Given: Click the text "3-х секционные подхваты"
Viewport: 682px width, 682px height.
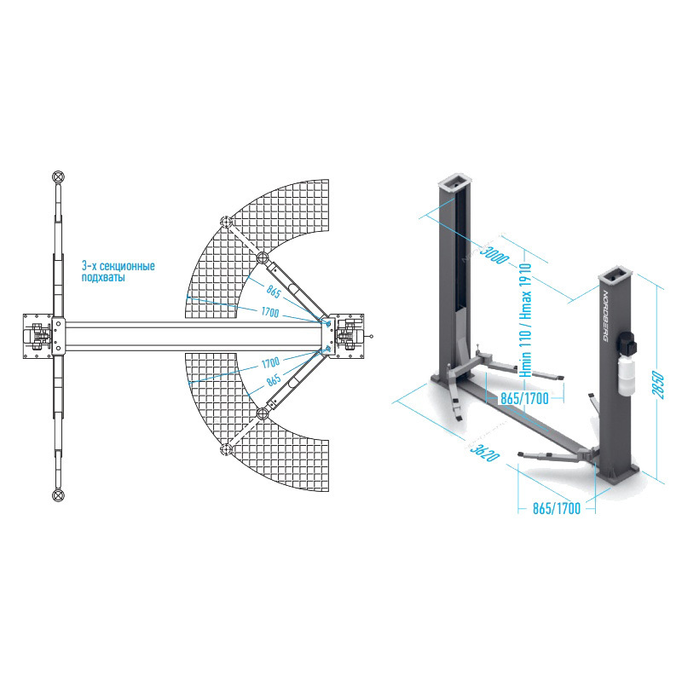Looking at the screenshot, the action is [118, 272].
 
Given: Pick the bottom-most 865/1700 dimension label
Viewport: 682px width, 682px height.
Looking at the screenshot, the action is [556, 509].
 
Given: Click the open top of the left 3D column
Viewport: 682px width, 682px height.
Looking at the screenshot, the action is [455, 181].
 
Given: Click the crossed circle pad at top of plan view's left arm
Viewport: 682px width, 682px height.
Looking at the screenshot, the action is [58, 176].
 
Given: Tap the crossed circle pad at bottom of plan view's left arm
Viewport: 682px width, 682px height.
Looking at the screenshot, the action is [58, 495].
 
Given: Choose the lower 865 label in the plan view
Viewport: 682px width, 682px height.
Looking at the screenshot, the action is [274, 380].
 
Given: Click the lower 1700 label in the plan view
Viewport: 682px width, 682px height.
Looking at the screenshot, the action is [271, 361].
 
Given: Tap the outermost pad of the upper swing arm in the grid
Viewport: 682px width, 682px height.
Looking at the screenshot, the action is [226, 223].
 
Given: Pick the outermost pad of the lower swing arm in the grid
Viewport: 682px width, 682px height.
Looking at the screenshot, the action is [226, 449].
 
